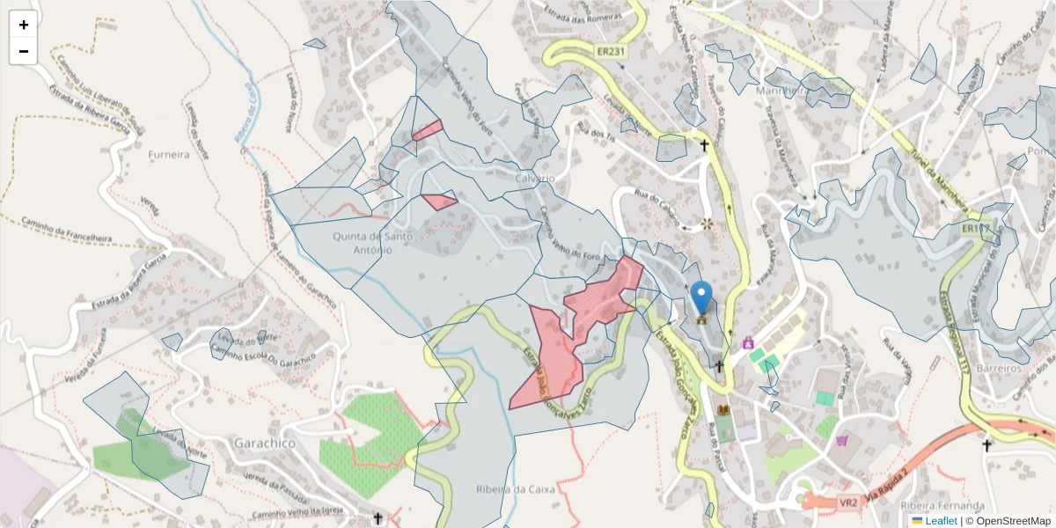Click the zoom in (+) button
click(x=24, y=25)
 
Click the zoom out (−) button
click(x=24, y=51)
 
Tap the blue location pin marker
click(x=701, y=297)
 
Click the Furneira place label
click(x=169, y=154)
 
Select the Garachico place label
click(x=265, y=444)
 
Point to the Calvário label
click(x=529, y=178)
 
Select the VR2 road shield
click(x=847, y=503)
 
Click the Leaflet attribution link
click(x=940, y=520)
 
